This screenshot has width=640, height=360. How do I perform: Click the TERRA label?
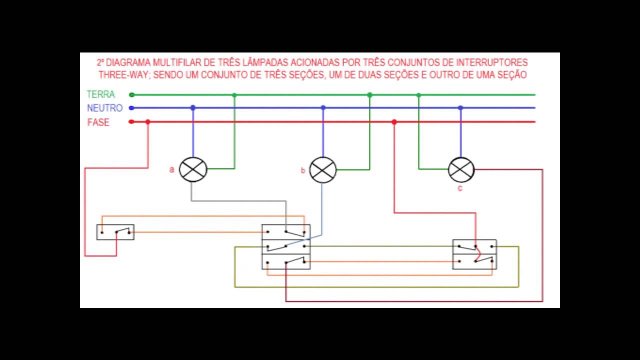pyautogui.click(x=100, y=94)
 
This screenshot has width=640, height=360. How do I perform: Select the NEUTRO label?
pyautogui.click(x=104, y=108)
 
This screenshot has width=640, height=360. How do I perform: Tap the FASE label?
pyautogui.click(x=98, y=122)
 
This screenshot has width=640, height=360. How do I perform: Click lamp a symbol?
pyautogui.click(x=193, y=169)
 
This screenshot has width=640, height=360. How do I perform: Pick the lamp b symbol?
pyautogui.click(x=323, y=169)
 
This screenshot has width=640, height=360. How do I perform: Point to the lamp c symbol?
pyautogui.click(x=460, y=169)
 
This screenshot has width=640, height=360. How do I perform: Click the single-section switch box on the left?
pyautogui.click(x=115, y=232)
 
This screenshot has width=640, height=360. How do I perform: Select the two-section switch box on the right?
pyautogui.click(x=474, y=254)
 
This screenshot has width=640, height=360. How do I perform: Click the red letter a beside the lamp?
pyautogui.click(x=171, y=170)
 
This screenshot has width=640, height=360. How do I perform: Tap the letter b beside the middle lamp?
pyautogui.click(x=302, y=171)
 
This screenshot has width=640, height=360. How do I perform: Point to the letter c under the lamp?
pyautogui.click(x=459, y=188)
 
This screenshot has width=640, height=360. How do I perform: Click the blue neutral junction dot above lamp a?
pyautogui.click(x=193, y=108)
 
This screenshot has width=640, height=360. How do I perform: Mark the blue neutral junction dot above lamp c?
pyautogui.click(x=460, y=108)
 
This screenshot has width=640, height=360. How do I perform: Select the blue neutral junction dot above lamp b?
pyautogui.click(x=323, y=108)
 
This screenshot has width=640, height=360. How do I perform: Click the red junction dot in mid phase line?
pyautogui.click(x=394, y=122)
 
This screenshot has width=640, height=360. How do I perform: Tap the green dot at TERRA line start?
pyautogui.click(x=132, y=94)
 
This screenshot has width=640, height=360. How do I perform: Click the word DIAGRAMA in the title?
pyautogui.click(x=127, y=63)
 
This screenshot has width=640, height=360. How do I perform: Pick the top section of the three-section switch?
pyautogui.click(x=286, y=231)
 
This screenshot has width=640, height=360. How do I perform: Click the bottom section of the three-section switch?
pyautogui.click(x=286, y=261)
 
